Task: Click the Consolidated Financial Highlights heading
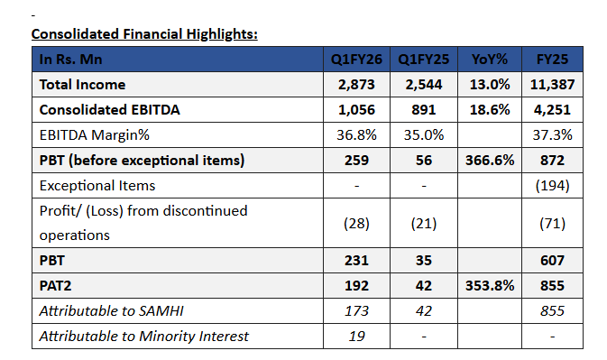[144, 34]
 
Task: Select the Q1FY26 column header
[356, 60]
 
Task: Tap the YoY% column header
[490, 60]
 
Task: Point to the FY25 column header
[552, 60]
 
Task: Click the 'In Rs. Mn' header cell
[71, 60]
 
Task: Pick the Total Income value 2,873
[356, 85]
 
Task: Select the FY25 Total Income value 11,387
[552, 85]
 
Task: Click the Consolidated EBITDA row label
[109, 110]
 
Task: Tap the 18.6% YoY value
[490, 110]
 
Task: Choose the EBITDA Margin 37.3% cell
[552, 135]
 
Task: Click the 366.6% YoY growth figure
[490, 161]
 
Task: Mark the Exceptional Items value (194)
[552, 186]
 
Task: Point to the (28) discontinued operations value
[356, 224]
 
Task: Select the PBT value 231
[356, 261]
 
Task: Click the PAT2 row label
[55, 286]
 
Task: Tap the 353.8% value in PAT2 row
[490, 286]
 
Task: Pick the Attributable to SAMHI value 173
[356, 311]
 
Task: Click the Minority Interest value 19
[356, 336]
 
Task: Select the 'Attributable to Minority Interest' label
[144, 336]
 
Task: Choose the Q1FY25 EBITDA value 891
[424, 110]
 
